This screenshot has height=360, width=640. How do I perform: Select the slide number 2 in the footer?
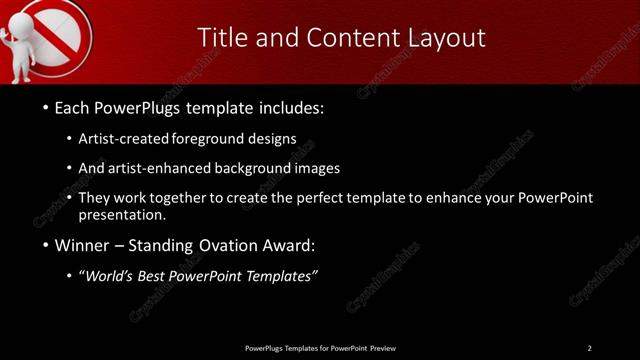(589, 348)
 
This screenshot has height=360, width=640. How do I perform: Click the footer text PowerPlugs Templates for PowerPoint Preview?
(320, 348)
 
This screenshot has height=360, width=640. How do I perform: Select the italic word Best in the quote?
(161, 276)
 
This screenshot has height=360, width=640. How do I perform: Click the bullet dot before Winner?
(47, 246)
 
